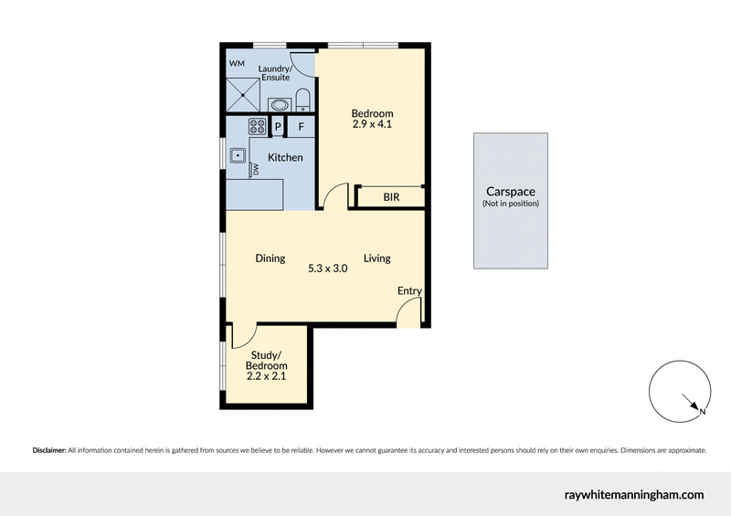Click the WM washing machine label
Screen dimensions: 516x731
[x=237, y=63]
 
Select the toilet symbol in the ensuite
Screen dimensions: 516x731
[x=304, y=99]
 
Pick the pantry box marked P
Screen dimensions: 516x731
[x=278, y=127]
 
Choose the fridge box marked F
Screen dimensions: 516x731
[x=302, y=127]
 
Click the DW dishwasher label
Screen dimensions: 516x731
[x=257, y=170]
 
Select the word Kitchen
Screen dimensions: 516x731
[x=285, y=158]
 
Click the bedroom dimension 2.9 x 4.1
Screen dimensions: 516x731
[x=372, y=125]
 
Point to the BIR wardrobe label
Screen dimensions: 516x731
[x=390, y=196]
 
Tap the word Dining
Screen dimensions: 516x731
[x=270, y=258]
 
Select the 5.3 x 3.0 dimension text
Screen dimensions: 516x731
[x=328, y=269]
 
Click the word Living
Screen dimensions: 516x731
[x=376, y=258]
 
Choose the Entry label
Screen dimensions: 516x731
[x=409, y=291]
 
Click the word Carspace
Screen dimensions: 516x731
[x=510, y=192]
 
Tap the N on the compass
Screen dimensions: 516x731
[x=702, y=413]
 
